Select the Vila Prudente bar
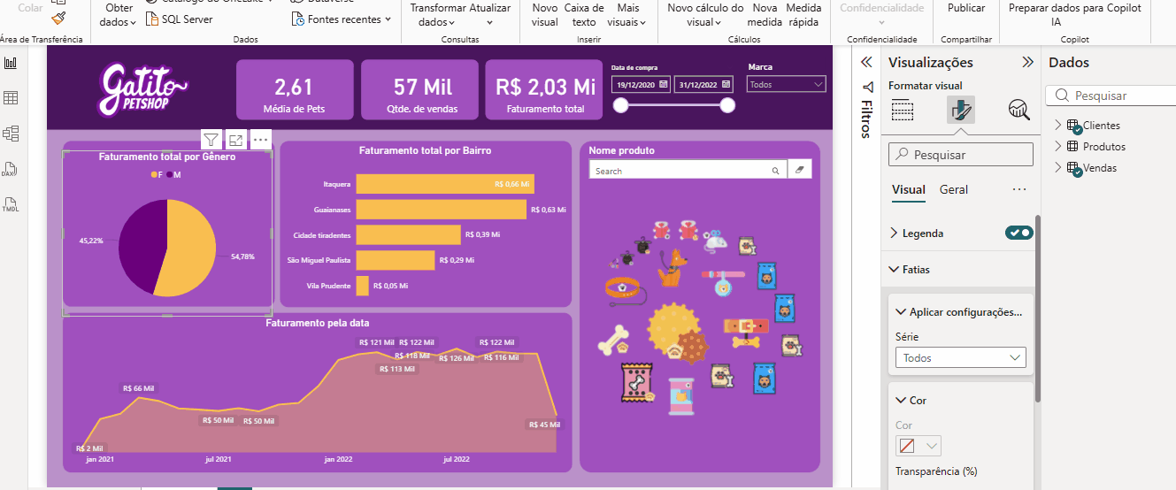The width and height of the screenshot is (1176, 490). coord(362,286)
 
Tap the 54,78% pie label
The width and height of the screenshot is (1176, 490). coord(242,256)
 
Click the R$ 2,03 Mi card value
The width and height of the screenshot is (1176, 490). coord(545,87)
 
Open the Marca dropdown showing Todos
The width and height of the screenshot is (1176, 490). coord(786,84)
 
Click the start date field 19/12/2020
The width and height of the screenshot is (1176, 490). coord(641,84)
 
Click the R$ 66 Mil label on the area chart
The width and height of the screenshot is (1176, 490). coord(138,388)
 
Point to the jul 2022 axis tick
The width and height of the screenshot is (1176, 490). coord(456,459)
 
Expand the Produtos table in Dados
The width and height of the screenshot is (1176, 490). coord(1057,147)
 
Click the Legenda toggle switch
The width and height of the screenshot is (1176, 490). coord(1018,233)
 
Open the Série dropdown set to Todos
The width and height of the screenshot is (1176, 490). coord(960,357)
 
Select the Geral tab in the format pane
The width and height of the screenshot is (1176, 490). coord(954,189)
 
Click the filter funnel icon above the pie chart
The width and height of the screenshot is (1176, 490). coord(211,140)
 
